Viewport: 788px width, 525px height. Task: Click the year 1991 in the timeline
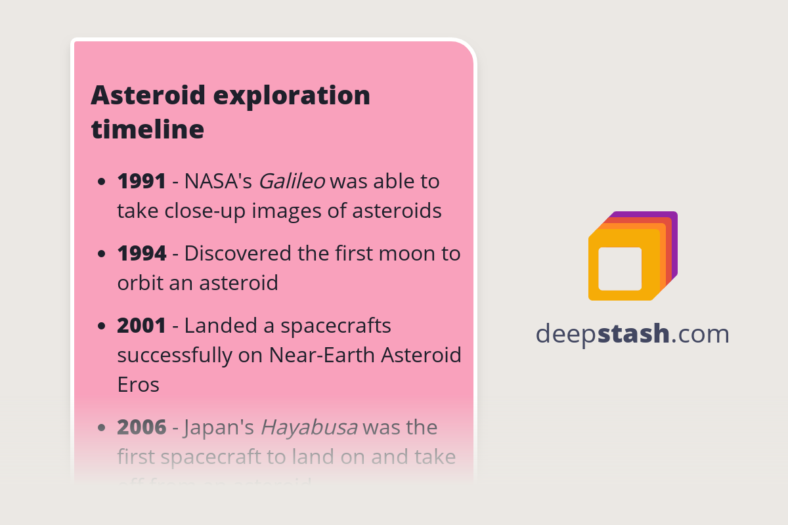point(141,181)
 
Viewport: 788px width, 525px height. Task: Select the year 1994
point(141,253)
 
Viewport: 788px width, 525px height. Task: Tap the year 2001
point(141,325)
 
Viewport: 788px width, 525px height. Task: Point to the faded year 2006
point(141,427)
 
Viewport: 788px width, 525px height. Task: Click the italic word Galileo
point(292,181)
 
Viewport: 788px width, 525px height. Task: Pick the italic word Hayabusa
point(309,427)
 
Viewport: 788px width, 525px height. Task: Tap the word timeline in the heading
point(148,129)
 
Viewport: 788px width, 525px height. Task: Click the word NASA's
point(218,181)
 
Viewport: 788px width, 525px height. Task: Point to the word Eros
point(138,384)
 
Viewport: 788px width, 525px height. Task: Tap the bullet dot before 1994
point(101,254)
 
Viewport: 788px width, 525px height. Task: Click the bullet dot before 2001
point(101,326)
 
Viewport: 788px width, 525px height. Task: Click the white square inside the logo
point(620,268)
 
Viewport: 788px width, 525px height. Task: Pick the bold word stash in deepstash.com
point(633,334)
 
